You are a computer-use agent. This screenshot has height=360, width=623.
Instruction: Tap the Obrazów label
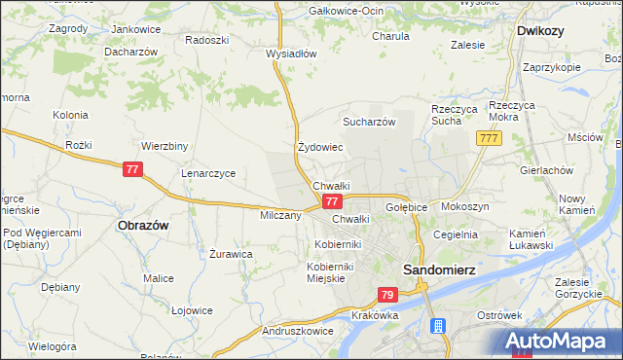[143, 225]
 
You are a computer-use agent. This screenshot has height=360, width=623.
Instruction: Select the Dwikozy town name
[540, 31]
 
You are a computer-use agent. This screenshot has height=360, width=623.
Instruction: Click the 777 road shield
[489, 141]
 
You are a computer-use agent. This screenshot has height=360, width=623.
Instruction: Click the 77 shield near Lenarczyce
[133, 169]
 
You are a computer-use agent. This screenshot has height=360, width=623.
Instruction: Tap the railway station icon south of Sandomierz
[439, 327]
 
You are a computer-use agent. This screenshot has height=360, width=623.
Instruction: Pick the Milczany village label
[280, 215]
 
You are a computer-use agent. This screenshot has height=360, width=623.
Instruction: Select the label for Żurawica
[232, 253]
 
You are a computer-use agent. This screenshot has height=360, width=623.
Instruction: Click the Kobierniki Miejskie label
[340, 272]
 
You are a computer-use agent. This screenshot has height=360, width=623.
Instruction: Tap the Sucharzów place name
[368, 123]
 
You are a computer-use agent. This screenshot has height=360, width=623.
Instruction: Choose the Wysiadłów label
[292, 54]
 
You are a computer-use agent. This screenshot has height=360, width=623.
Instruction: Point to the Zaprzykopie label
[551, 67]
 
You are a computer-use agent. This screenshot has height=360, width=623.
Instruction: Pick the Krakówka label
[377, 316]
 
